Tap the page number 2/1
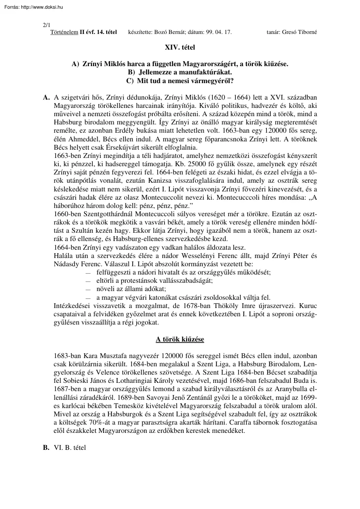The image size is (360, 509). pyautogui.click(x=47, y=26)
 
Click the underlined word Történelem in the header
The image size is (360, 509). pyautogui.click(x=64, y=32)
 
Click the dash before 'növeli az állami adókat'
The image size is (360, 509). pyautogui.click(x=88, y=289)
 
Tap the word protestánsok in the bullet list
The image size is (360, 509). pyautogui.click(x=145, y=281)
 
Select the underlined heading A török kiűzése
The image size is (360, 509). pyautogui.click(x=180, y=339)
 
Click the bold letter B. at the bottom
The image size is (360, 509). pyautogui.click(x=46, y=447)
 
